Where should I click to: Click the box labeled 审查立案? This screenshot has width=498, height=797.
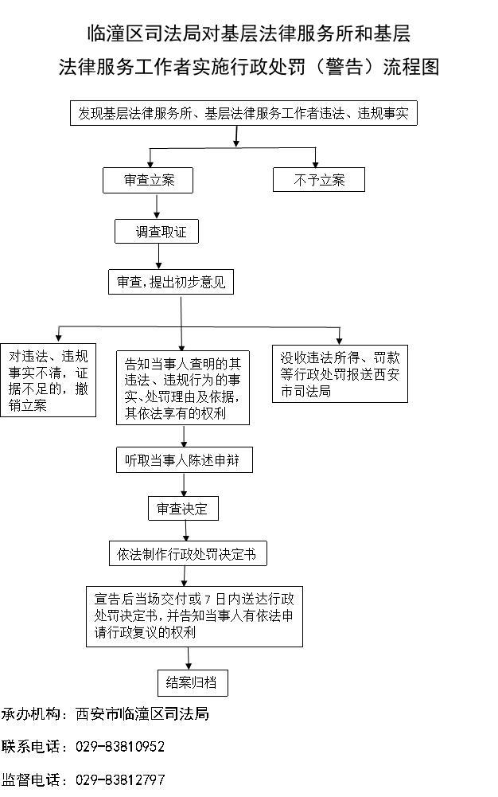[x=148, y=180]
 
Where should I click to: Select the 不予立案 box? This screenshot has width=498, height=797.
[x=318, y=180]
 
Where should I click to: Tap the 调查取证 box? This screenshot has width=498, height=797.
[x=156, y=232]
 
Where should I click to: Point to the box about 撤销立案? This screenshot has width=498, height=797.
[x=48, y=380]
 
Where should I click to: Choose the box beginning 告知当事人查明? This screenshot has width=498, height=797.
[x=183, y=388]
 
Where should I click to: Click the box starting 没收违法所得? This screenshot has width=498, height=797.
[x=340, y=373]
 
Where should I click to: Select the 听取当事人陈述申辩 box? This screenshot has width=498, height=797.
[x=185, y=460]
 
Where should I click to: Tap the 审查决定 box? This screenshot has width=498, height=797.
[x=182, y=508]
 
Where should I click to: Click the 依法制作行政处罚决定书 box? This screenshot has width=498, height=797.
[x=188, y=553]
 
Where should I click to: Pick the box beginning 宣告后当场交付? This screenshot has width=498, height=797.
[x=194, y=615]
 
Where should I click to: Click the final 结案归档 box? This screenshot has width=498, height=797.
[x=191, y=682]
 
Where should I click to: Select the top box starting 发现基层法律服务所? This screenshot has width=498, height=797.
[x=243, y=114]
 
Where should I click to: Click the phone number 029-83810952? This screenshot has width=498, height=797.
[x=120, y=747]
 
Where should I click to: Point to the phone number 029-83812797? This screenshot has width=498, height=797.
[x=120, y=779]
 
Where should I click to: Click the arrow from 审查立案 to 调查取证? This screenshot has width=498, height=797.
[x=157, y=205]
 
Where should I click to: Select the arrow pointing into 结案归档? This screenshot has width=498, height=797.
[x=189, y=658]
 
